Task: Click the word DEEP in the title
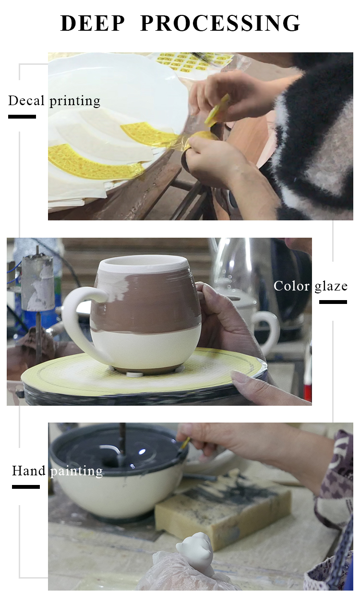(x=92, y=23)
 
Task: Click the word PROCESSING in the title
(x=220, y=23)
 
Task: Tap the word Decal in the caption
(x=26, y=100)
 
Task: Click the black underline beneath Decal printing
(x=22, y=117)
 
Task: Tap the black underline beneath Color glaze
(x=333, y=302)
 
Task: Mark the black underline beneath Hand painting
(x=25, y=487)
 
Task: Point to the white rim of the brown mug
(x=143, y=263)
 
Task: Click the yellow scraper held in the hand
(x=217, y=110)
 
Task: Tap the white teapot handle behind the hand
(x=266, y=332)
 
